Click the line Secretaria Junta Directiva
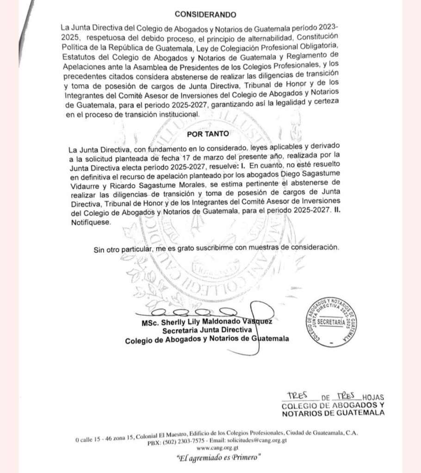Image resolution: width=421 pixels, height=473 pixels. (206, 330)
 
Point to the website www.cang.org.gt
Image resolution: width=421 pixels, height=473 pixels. (211, 448)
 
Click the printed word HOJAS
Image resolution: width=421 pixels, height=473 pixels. (374, 397)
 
